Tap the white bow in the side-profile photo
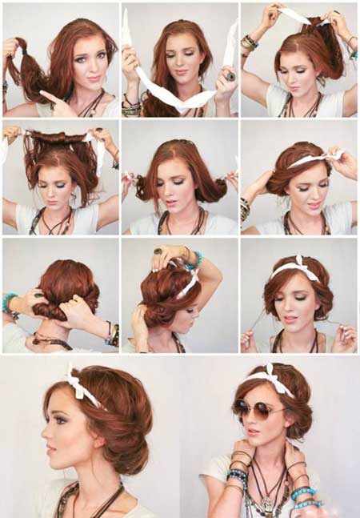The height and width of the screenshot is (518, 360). tap(79, 383)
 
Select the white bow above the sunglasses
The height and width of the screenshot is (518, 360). tap(268, 377)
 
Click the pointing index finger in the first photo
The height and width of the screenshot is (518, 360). tap(50, 98)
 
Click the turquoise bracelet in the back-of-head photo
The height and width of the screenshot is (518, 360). tap(10, 303)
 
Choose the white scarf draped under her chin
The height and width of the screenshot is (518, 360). tap(177, 96)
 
